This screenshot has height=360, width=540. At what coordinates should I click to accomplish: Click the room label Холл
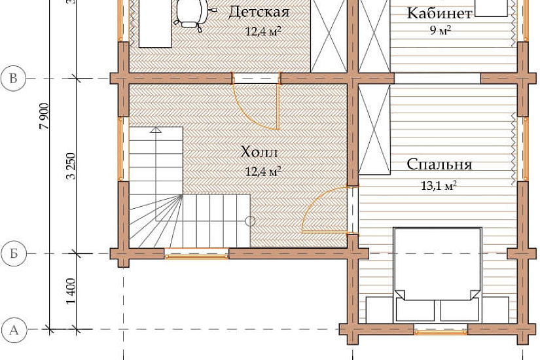[259, 152]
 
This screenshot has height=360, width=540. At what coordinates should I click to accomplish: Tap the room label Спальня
[439, 164]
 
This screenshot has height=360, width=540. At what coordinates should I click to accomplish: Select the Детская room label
[259, 12]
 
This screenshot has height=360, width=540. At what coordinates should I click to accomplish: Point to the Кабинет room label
[439, 14]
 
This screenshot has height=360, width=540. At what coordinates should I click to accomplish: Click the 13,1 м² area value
[439, 186]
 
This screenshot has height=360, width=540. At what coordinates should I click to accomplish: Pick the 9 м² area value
[440, 30]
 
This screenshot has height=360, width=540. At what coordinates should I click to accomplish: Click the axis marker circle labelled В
[14, 79]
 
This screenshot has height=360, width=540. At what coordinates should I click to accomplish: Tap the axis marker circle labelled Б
[14, 254]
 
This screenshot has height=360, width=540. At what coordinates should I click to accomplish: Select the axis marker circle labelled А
[14, 330]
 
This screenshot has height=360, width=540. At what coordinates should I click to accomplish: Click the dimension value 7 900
[45, 116]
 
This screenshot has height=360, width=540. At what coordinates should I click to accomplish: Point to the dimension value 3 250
[71, 166]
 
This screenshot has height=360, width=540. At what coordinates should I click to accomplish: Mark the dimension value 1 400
[71, 291]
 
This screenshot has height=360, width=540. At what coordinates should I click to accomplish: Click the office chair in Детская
[192, 14]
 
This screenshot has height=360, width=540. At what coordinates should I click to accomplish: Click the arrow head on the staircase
[156, 130]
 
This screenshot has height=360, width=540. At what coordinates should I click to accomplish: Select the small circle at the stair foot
[251, 221]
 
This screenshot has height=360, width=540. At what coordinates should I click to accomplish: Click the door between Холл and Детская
[256, 101]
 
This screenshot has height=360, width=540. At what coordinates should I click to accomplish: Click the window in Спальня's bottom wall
[441, 331]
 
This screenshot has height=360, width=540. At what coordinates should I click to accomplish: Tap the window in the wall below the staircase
[196, 254]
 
